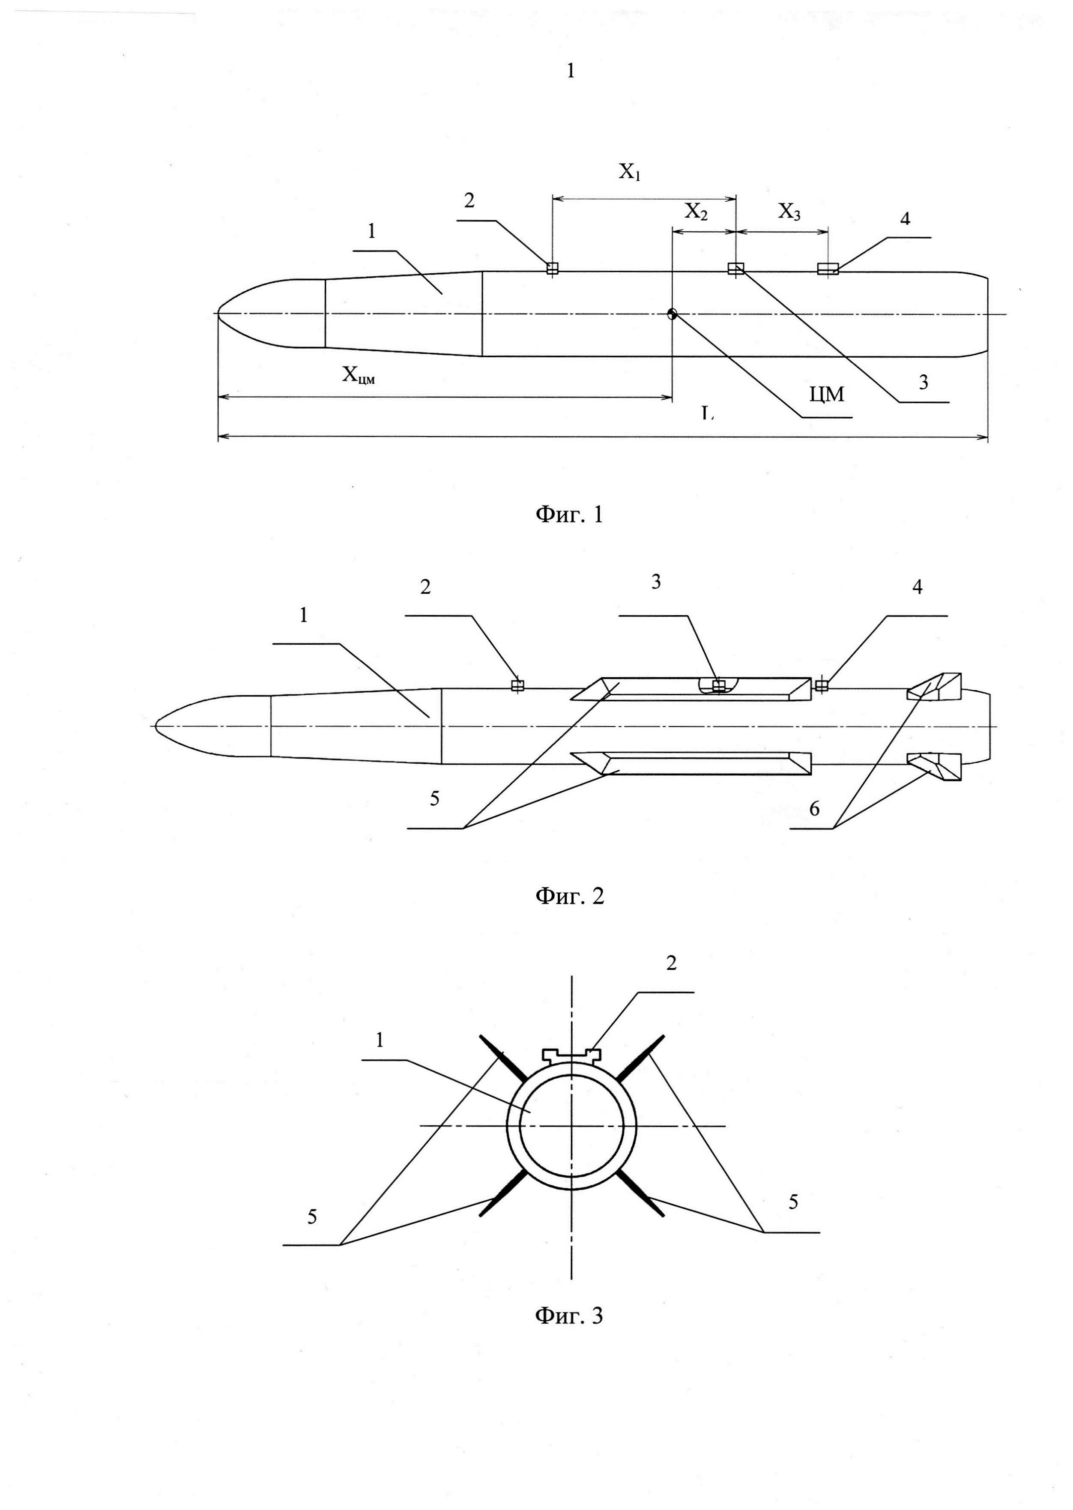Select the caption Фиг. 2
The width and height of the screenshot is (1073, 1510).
point(569,896)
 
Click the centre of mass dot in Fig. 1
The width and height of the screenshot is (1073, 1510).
point(672,314)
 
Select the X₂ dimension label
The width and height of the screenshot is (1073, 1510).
point(696,212)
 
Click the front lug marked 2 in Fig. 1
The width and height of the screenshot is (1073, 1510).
point(553,268)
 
